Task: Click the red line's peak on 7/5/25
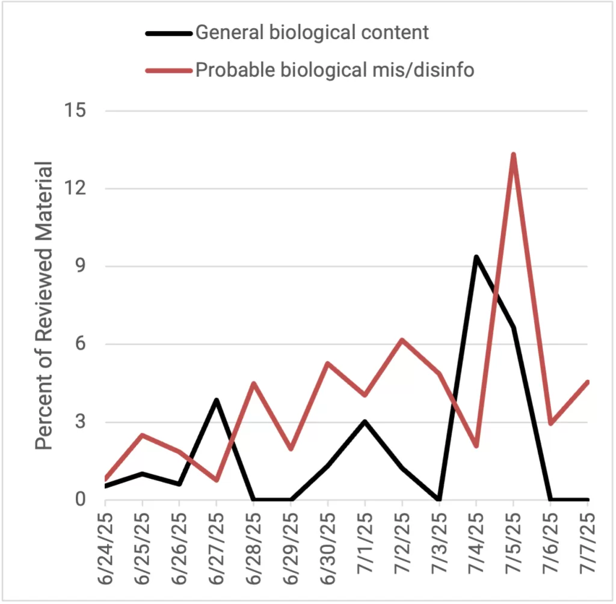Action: (x=513, y=154)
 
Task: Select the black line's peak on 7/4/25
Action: (x=476, y=257)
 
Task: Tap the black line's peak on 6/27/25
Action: (x=216, y=400)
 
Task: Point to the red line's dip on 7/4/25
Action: (x=476, y=446)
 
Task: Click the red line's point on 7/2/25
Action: (x=402, y=340)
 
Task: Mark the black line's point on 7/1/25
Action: (x=365, y=421)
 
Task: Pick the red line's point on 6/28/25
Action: (x=253, y=383)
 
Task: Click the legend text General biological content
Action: (x=312, y=32)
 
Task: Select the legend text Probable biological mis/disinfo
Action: (x=334, y=70)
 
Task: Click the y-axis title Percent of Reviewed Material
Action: (x=44, y=305)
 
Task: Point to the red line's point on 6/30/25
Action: (x=327, y=363)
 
